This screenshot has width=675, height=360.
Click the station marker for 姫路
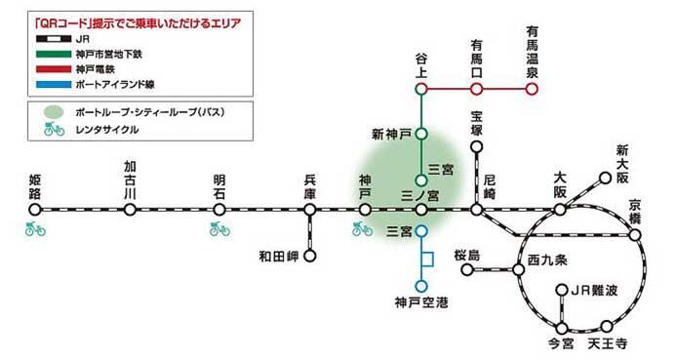[x=36, y=209]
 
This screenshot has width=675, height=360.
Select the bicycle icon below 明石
[x=218, y=229]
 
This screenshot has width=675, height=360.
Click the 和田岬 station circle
[x=310, y=258]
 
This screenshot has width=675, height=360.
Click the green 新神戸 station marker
[x=421, y=132]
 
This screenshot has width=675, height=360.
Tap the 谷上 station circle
[x=421, y=89]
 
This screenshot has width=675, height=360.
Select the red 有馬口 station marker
[x=477, y=89]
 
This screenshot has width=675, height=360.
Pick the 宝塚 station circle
[x=477, y=148]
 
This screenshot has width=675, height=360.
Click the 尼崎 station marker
[x=477, y=209]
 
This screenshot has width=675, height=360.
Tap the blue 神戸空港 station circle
[x=421, y=286]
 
